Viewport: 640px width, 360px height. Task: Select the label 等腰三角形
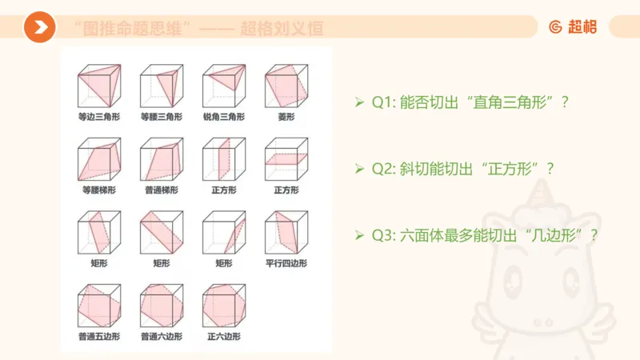160,117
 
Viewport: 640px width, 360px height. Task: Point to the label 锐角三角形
222,117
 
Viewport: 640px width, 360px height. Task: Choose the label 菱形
286,117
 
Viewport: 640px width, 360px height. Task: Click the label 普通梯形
160,190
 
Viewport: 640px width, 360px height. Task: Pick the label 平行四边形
286,263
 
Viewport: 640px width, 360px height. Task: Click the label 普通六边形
160,337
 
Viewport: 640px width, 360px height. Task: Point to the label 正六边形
222,337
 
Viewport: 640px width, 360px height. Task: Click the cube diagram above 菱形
286,86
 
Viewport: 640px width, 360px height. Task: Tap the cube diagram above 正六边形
223,306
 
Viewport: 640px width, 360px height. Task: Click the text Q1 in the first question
381,103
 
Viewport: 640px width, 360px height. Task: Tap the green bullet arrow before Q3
360,237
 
